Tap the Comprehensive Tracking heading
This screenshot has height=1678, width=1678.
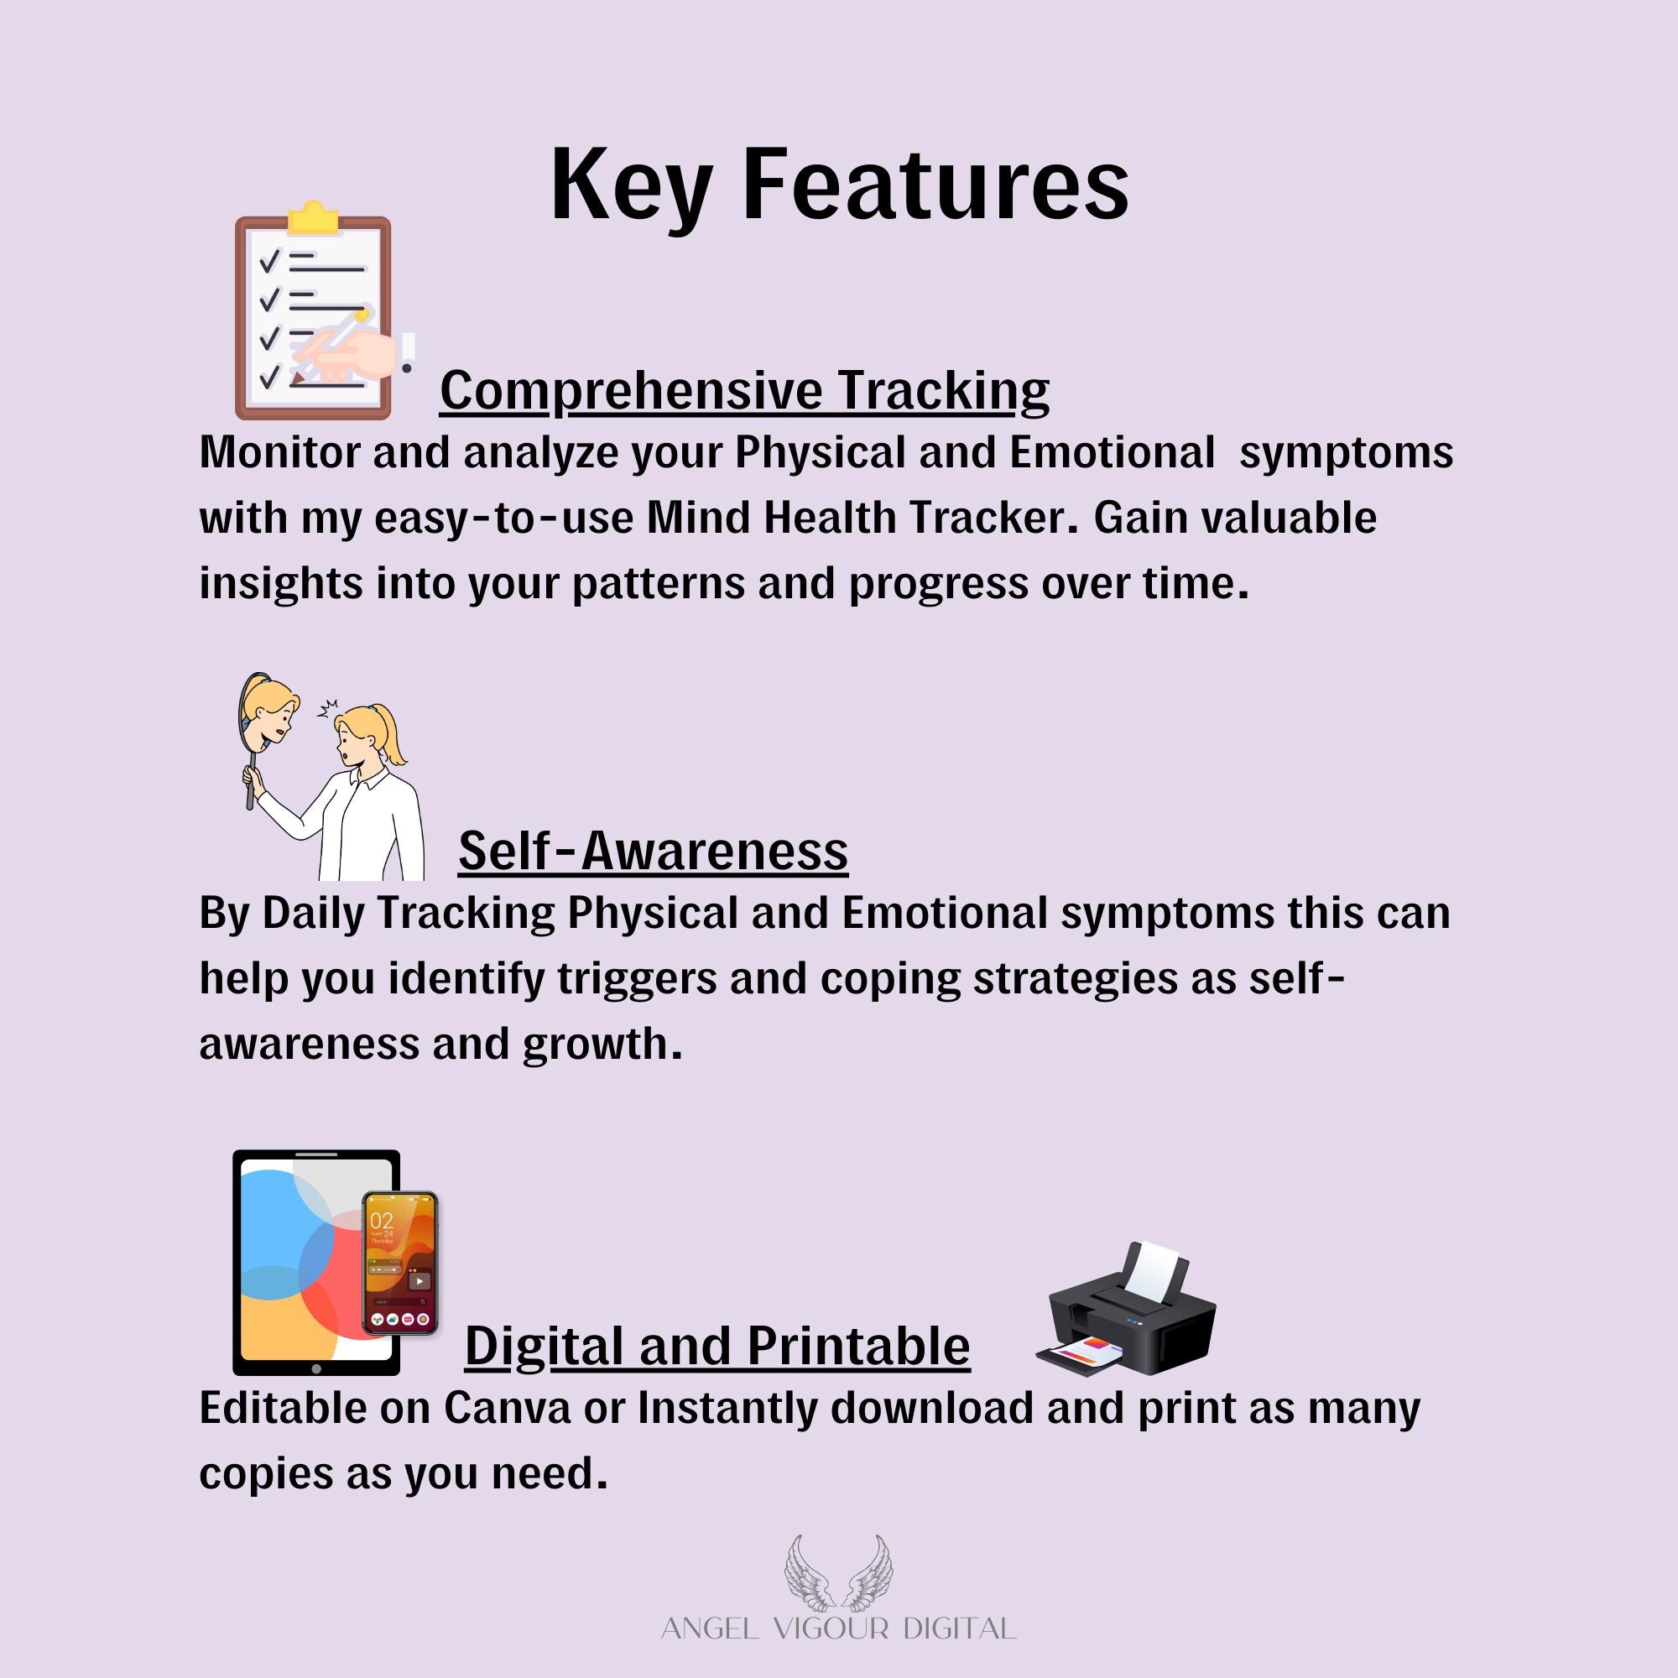point(744,391)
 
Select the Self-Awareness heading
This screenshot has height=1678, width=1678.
point(653,850)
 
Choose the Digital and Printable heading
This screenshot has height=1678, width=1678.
point(717,1347)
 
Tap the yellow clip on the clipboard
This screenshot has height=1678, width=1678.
point(313,218)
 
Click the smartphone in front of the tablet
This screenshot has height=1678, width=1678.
point(399,1263)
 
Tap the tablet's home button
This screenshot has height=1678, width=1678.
point(316,1368)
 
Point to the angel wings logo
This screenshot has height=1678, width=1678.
point(838,1582)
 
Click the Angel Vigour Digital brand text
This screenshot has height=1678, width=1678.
point(838,1628)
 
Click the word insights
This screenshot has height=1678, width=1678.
point(280,584)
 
